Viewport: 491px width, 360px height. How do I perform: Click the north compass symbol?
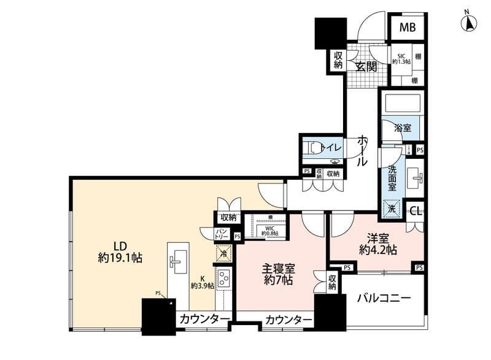(x=468, y=23)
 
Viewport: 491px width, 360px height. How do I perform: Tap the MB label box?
(x=408, y=28)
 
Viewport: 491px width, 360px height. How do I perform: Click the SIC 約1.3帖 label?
(x=401, y=58)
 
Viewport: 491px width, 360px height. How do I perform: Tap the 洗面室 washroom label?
(x=392, y=177)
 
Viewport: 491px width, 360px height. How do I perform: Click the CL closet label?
(x=416, y=212)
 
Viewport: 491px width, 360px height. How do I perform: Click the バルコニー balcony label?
(x=384, y=299)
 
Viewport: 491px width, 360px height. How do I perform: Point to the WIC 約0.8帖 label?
(x=269, y=230)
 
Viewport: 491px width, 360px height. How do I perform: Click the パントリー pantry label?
(x=222, y=234)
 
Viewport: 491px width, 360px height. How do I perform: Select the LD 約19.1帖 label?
(x=120, y=251)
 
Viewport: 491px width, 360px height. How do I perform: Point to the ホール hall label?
(x=362, y=151)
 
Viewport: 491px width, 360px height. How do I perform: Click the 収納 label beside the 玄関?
(x=338, y=60)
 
